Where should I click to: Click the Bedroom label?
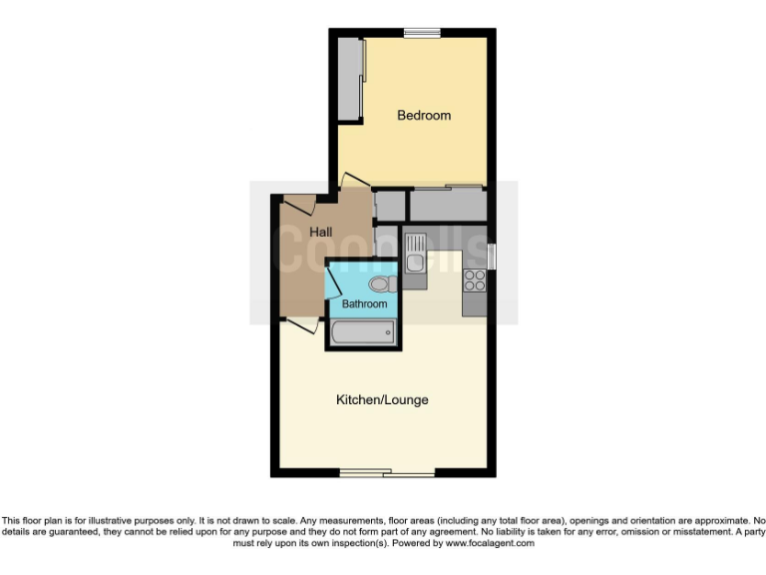click(x=424, y=115)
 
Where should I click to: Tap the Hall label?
click(x=320, y=232)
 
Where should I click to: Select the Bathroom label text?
click(x=364, y=303)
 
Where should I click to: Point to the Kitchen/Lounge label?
click(x=382, y=400)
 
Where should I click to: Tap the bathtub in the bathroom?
click(x=361, y=332)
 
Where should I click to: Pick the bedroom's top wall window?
click(x=422, y=33)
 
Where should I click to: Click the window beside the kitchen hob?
click(x=492, y=256)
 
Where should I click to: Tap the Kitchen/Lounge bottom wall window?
click(x=384, y=472)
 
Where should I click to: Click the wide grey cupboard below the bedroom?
click(x=447, y=204)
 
